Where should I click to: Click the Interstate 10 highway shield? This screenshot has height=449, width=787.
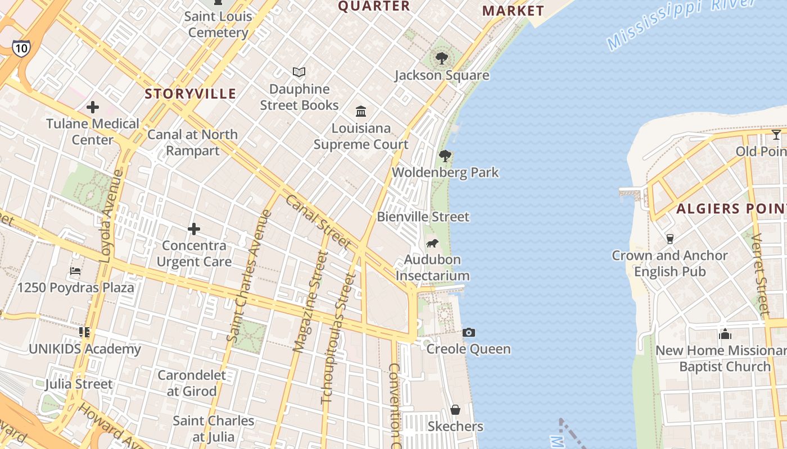pos(21,48)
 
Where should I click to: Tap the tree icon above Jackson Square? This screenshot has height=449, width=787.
pos(442,58)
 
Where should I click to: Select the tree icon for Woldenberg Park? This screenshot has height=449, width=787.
pos(445,155)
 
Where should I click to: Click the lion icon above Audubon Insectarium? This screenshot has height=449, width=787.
pos(432,243)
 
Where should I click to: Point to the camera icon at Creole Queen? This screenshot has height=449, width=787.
pos(468,332)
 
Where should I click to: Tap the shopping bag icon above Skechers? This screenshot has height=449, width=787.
pos(455,410)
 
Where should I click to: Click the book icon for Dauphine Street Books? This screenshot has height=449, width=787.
pos(299,72)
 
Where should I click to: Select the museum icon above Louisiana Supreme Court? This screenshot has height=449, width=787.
pos(361,111)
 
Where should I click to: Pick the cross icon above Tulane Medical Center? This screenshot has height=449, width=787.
pos(93,107)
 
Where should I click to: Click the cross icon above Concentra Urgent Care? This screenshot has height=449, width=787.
pos(194,229)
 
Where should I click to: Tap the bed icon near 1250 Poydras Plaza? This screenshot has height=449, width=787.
pos(75,271)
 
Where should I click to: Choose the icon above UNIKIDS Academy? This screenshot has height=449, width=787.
pos(84,332)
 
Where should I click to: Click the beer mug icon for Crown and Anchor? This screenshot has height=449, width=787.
pos(670,239)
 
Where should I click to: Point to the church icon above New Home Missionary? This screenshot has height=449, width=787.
pos(725,334)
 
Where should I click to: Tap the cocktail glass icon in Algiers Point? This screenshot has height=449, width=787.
pos(776,135)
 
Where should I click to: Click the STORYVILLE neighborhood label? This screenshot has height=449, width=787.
pos(191,94)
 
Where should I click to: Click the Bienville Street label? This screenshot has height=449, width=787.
pos(423,217)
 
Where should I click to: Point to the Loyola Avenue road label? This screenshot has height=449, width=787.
pos(112,216)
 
